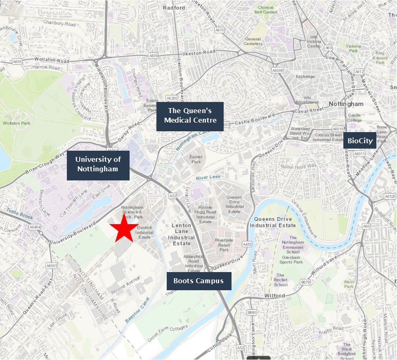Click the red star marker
coord(124,228)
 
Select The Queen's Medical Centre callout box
coord(190,116)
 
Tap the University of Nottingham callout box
coord(98,165)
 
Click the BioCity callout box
coord(360,141)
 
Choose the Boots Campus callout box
coord(198,281)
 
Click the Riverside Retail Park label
coord(224,244)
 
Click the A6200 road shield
coord(172,98)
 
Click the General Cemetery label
coord(253,41)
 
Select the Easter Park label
coord(196,159)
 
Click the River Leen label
coord(208,177)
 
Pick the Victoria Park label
coord(353,49)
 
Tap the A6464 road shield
coord(34,227)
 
